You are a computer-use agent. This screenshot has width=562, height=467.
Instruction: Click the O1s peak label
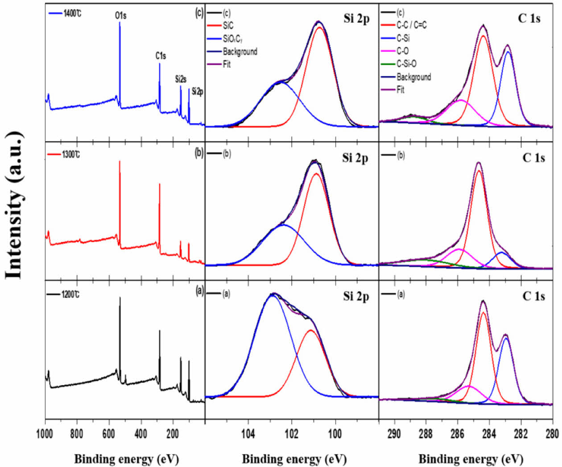pyautogui.click(x=120, y=16)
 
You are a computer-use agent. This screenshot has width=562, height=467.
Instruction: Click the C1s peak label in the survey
pyautogui.click(x=161, y=56)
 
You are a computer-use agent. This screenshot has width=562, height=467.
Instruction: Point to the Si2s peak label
pyautogui.click(x=181, y=79)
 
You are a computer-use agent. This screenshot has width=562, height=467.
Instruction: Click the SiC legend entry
pyautogui.click(x=228, y=26)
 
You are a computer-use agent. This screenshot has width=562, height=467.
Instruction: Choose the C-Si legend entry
pyautogui.click(x=403, y=38)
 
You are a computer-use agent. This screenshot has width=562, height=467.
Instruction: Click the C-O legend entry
pyautogui.click(x=402, y=51)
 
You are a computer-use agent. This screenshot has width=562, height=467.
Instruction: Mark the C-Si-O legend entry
pyautogui.click(x=406, y=64)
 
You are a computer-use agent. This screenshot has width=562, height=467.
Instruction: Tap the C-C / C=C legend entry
pyautogui.click(x=411, y=25)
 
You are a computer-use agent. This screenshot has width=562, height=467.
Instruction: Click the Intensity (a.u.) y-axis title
pyautogui.click(x=14, y=206)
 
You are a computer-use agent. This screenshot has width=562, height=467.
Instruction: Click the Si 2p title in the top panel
pyautogui.click(x=356, y=19)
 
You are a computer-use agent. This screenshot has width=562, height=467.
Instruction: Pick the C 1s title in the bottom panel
pyautogui.click(x=533, y=296)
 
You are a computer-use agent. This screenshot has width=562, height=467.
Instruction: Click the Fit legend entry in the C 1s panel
pyautogui.click(x=400, y=90)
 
